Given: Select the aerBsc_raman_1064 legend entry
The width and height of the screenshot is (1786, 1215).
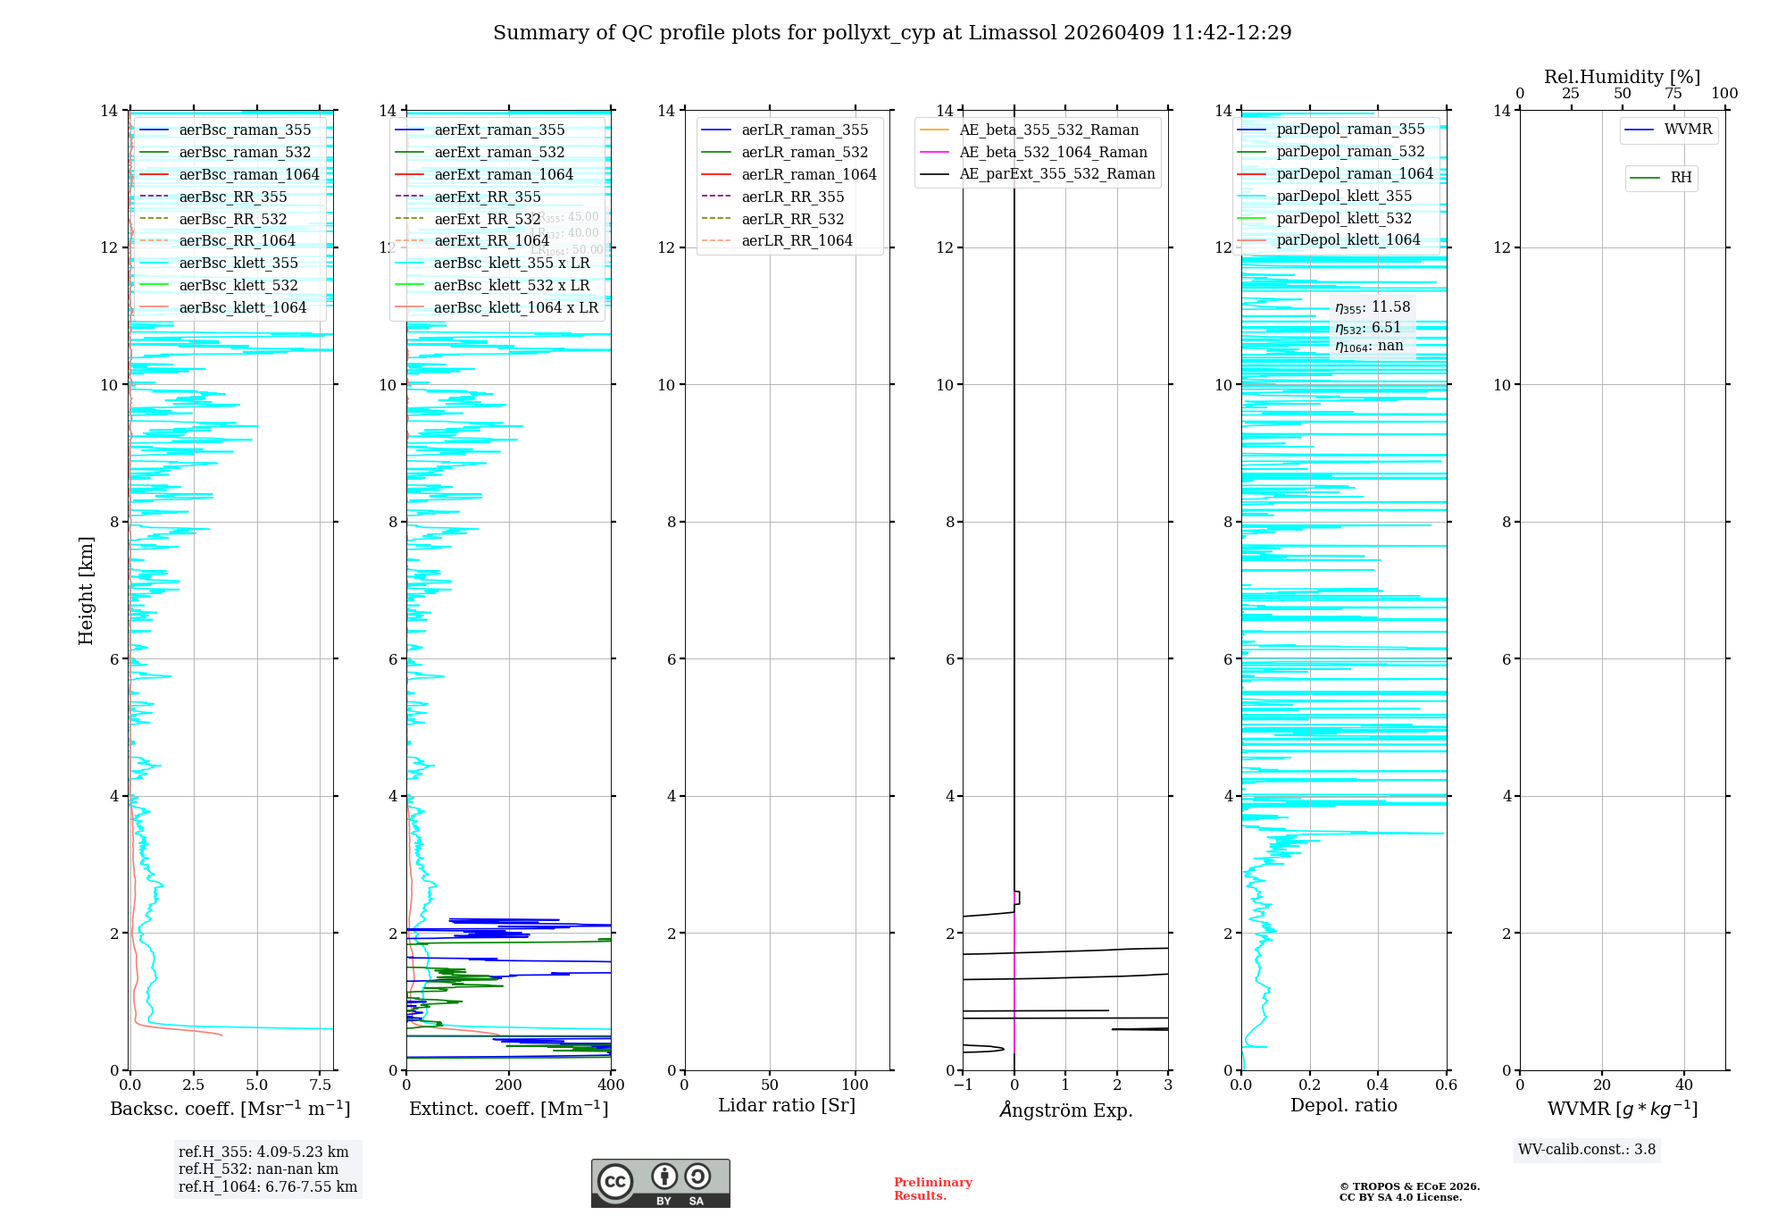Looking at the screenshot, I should [x=248, y=174].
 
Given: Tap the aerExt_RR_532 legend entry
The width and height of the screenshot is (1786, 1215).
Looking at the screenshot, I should [x=487, y=219].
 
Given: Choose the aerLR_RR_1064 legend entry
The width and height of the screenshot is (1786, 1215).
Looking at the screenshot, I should [x=797, y=240].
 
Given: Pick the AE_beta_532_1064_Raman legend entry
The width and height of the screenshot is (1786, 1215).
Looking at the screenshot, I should [x=1053, y=152].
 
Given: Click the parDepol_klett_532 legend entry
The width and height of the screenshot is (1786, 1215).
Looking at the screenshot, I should [x=1344, y=218].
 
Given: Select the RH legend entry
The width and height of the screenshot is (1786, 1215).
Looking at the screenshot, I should [x=1681, y=178].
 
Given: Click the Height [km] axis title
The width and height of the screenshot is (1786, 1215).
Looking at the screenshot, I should [x=86, y=591].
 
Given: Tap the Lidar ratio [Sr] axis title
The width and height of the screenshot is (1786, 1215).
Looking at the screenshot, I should [x=787, y=1105].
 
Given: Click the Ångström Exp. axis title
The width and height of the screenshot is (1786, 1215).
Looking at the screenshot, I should [x=1065, y=1110].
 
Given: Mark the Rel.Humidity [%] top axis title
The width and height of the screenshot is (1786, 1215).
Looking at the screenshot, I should [x=1622, y=77].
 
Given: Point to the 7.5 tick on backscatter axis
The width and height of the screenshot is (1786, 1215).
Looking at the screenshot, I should [x=321, y=1085].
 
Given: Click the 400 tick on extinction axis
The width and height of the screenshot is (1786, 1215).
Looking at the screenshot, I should [x=611, y=1085].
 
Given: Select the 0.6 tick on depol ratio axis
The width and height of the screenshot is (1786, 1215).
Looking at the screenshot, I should [x=1446, y=1085].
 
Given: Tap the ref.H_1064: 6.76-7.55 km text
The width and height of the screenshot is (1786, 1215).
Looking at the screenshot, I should [x=268, y=1186].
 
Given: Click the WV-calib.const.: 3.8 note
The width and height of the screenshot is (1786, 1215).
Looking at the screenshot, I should [x=1587, y=1149].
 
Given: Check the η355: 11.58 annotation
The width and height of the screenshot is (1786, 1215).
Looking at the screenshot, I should [x=1373, y=307].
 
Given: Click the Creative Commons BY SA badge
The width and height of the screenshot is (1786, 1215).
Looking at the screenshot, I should [x=660, y=1183].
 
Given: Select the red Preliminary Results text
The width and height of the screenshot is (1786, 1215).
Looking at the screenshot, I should [x=932, y=1188].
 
